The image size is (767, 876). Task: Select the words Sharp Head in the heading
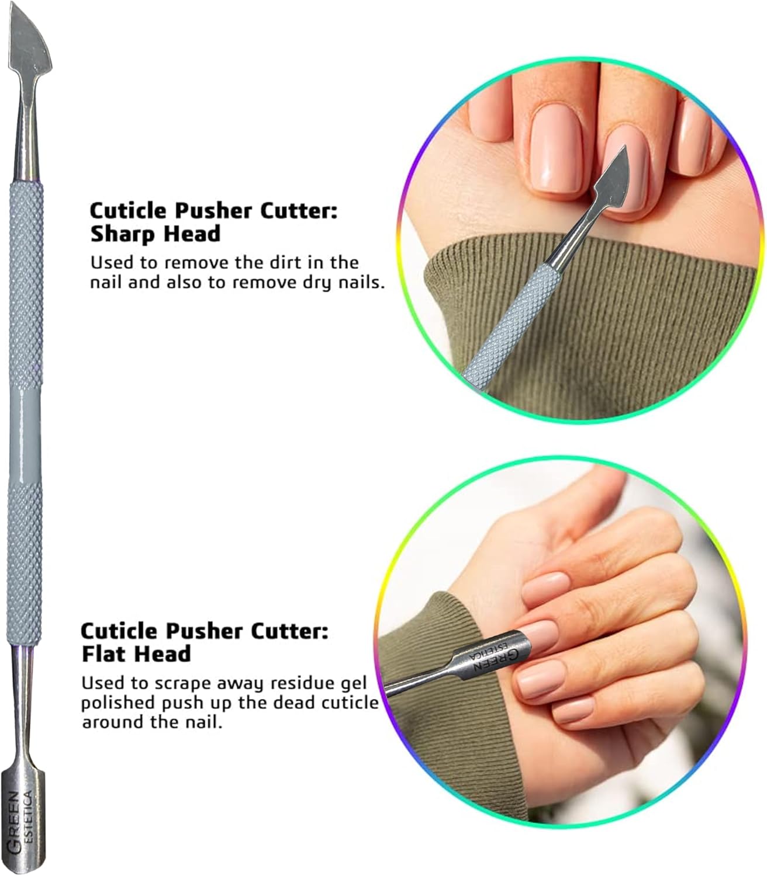pos(156,234)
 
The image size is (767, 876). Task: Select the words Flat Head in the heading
pos(136,653)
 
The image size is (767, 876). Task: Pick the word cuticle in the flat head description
pos(350,703)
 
